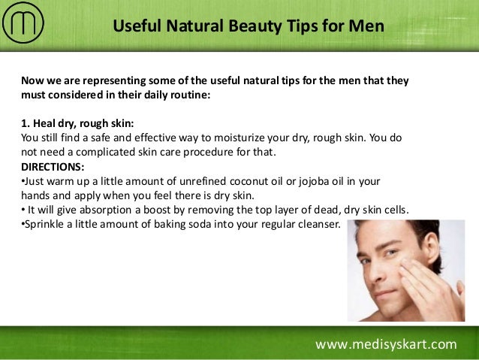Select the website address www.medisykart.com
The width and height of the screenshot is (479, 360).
click(x=385, y=345)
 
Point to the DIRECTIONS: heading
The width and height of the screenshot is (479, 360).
click(x=53, y=166)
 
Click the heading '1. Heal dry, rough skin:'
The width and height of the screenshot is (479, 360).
click(x=78, y=124)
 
